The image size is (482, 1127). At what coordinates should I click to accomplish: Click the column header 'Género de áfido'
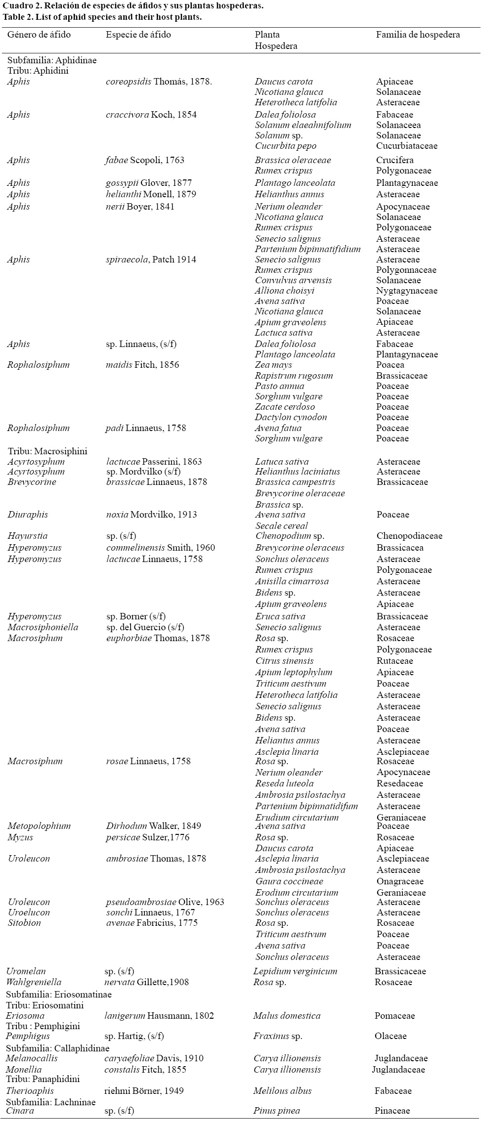click(39, 35)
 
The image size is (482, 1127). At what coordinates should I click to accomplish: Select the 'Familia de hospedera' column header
click(418, 35)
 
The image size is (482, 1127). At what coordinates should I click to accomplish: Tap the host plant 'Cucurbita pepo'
click(285, 146)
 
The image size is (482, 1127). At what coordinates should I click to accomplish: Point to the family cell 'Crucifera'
click(394, 160)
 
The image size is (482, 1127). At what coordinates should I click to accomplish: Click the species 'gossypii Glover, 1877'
click(149, 183)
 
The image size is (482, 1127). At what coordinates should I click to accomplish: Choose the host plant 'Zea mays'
click(273, 365)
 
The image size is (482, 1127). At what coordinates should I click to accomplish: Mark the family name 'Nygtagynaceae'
click(406, 291)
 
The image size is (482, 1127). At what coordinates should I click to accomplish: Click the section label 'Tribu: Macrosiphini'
click(47, 451)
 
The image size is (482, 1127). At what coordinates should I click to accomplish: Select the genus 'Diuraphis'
click(28, 515)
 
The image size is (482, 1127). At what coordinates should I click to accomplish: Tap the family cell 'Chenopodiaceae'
click(409, 536)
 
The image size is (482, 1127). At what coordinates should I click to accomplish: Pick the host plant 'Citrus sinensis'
click(284, 661)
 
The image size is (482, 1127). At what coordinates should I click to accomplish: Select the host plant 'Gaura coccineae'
click(289, 881)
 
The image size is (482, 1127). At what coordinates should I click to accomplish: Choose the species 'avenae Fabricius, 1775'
click(152, 923)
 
